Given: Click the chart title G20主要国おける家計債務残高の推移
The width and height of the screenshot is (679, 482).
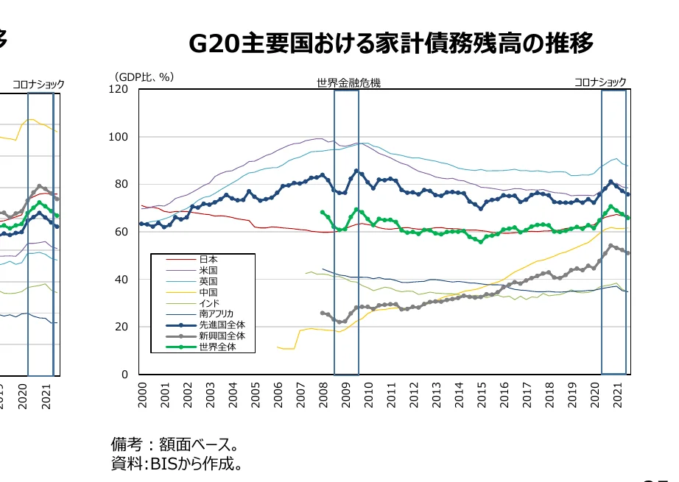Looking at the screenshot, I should click(x=390, y=43).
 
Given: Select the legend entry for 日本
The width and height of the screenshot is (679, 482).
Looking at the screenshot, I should click(x=208, y=259).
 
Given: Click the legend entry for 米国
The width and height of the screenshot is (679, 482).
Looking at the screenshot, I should click(x=208, y=270).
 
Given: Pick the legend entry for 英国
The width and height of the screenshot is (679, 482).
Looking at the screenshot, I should click(x=208, y=281).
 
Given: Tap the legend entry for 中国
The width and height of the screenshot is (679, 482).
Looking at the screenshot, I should click(x=208, y=292).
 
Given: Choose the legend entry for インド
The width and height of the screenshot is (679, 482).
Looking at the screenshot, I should click(x=209, y=303).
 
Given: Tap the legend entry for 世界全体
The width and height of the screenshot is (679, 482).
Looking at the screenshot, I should click(x=214, y=347).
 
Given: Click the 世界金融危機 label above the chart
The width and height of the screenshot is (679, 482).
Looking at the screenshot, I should click(x=348, y=83).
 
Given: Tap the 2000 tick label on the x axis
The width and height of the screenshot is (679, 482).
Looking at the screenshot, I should click(x=142, y=395).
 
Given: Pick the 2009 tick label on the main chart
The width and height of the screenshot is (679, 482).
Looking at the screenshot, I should click(x=346, y=395).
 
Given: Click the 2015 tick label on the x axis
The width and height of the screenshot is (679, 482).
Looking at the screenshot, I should click(x=482, y=395).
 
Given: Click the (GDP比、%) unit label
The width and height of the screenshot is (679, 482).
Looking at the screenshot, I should click(x=144, y=77).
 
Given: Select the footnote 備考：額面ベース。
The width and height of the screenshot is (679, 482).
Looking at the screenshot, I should click(x=174, y=445).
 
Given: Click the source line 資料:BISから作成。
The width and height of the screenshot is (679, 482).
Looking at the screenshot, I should click(x=177, y=464).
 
